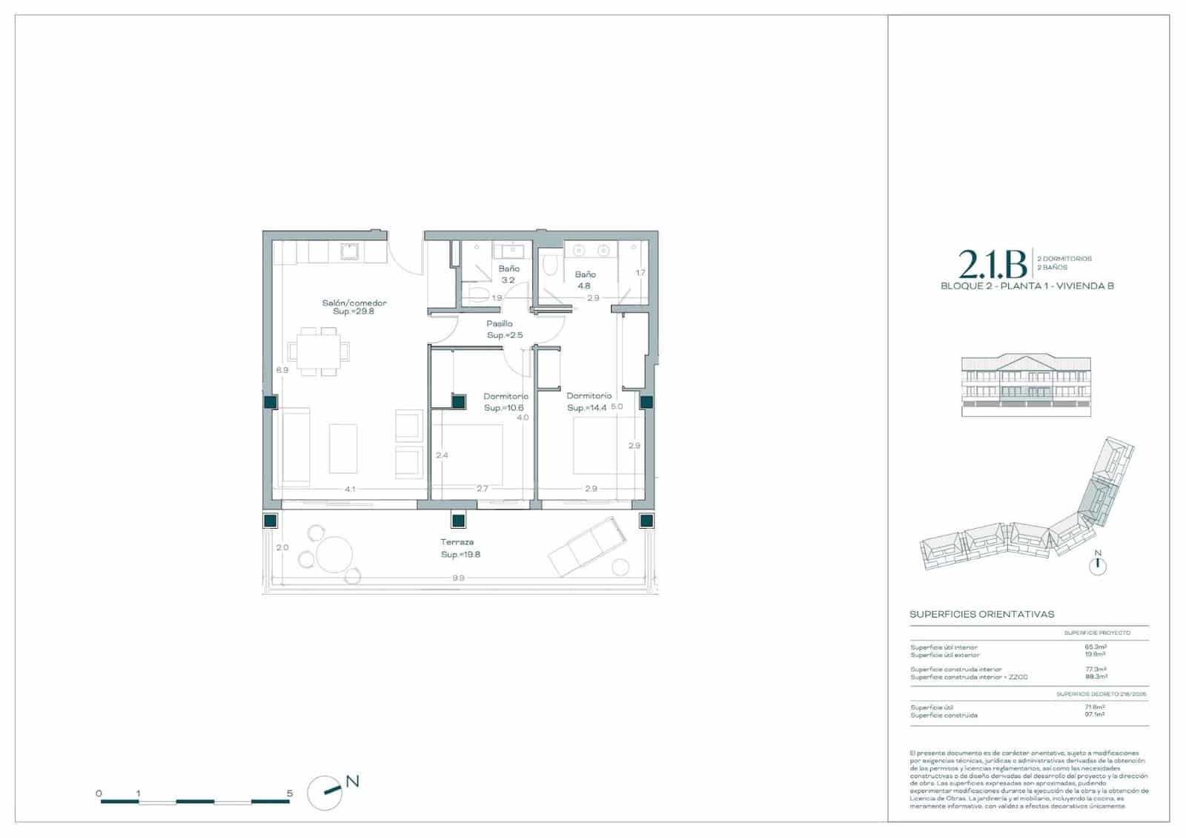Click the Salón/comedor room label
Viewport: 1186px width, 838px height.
[x=354, y=303]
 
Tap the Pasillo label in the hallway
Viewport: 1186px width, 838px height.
[x=500, y=324]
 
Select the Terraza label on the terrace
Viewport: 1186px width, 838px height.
[x=457, y=542]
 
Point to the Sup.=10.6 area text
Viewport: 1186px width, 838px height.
[x=504, y=408]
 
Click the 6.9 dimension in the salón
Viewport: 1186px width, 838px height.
[x=282, y=370]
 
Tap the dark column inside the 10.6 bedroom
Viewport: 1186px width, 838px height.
[x=459, y=402]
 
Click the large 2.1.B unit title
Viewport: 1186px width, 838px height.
[x=992, y=264]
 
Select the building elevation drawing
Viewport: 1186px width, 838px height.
[x=1026, y=384]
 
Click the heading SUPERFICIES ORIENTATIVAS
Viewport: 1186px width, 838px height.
[x=981, y=615]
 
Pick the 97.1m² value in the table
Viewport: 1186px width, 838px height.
[x=1095, y=716]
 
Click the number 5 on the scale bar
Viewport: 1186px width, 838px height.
[x=290, y=794]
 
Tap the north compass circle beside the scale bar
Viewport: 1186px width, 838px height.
[x=324, y=794]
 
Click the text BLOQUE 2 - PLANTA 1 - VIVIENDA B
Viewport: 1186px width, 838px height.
[x=1027, y=286]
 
